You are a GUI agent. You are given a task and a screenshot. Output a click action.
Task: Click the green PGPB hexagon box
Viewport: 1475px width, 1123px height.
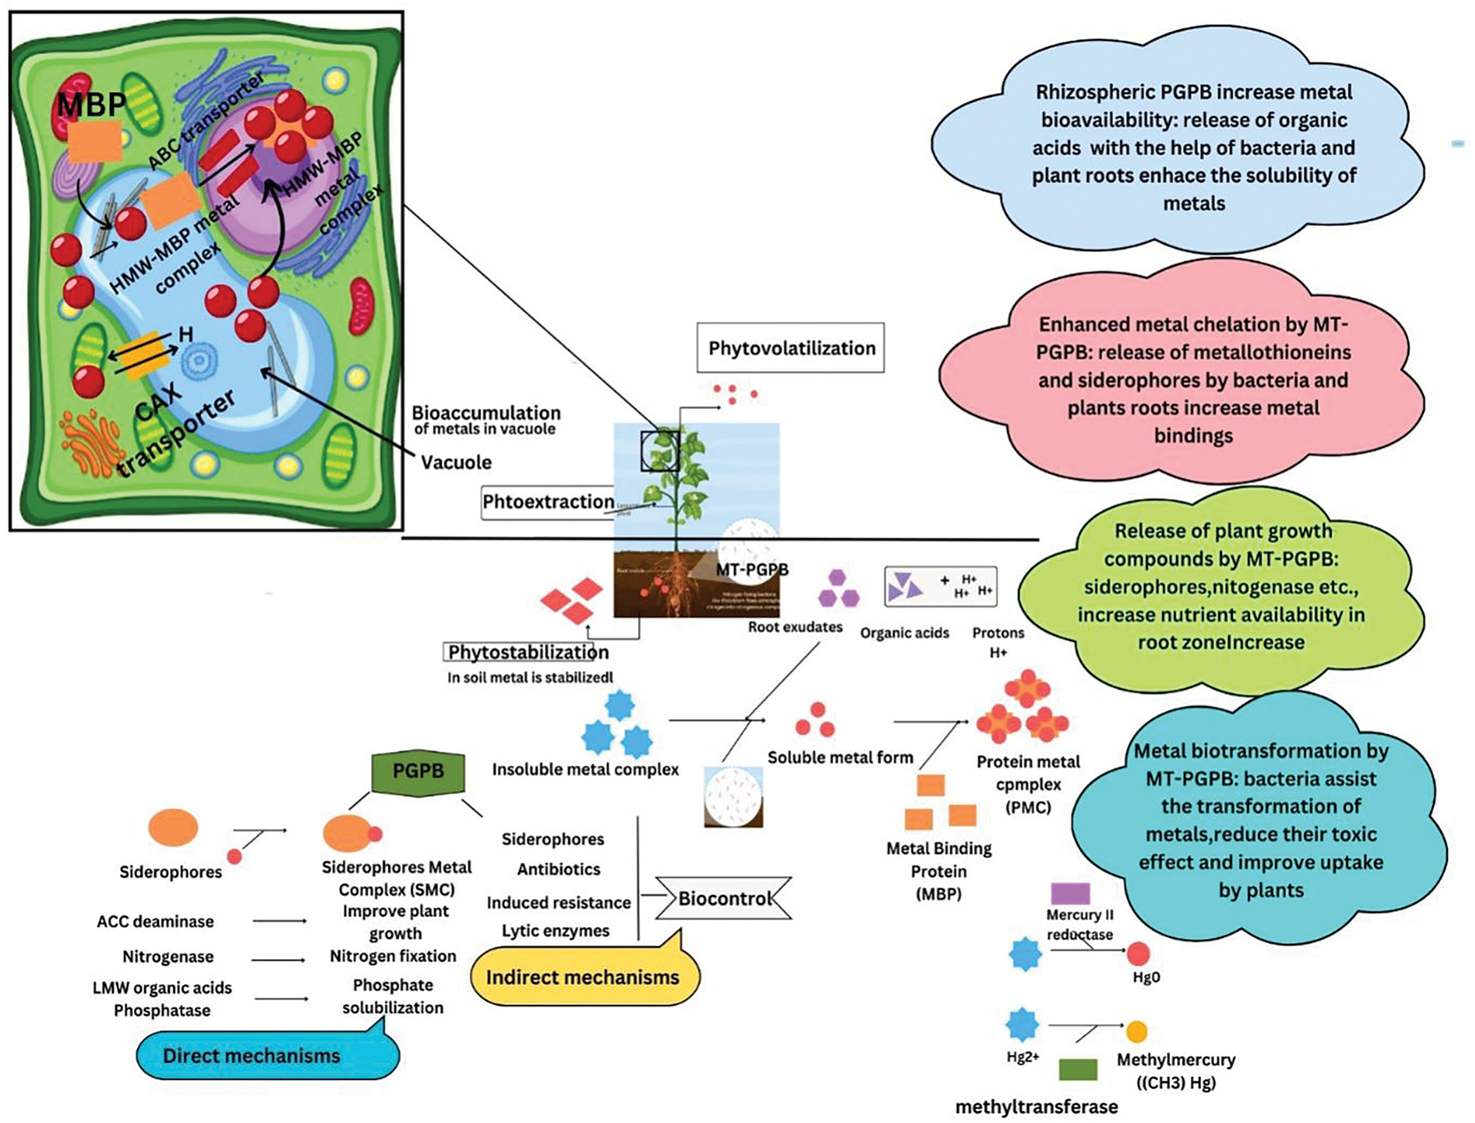point(418,771)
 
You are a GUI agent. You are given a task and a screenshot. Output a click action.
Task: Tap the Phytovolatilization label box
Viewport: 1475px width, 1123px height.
point(791,349)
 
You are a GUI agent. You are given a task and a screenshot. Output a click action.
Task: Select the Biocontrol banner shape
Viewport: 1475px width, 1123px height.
point(724,898)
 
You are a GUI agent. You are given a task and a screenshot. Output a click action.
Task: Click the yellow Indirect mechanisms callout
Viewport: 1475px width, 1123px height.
point(583,977)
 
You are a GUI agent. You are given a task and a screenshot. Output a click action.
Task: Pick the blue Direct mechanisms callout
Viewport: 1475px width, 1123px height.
point(252,1056)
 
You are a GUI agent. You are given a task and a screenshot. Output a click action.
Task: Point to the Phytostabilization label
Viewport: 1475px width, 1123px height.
point(528,652)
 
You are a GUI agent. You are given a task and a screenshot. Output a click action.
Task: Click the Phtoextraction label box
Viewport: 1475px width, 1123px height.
point(548,502)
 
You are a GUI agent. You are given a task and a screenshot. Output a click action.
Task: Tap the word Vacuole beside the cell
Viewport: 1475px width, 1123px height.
point(456,462)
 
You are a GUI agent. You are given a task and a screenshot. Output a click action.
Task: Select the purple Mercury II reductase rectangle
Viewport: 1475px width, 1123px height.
point(1070,893)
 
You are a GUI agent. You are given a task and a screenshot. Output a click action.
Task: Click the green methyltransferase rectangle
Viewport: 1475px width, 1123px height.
point(1078,1070)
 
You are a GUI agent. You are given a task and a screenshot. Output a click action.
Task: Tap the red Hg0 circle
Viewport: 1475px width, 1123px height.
point(1137,953)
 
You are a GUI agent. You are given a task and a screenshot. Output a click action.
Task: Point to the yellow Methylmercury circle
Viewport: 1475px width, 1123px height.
point(1136,1032)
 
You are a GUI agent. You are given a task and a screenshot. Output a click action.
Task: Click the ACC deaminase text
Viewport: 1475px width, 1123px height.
point(155,922)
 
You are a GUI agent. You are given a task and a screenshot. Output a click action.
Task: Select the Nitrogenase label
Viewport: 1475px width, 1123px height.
point(168,956)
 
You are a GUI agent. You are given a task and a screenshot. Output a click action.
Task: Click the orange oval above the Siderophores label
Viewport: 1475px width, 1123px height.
point(173,827)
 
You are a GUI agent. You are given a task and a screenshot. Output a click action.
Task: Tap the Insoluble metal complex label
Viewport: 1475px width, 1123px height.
point(585,770)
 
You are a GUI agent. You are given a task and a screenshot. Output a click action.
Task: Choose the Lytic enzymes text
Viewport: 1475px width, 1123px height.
point(555,931)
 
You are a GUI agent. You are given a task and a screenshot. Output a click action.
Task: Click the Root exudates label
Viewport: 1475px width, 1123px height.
point(795,627)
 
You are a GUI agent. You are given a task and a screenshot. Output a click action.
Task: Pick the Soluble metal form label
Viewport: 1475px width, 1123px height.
point(840,757)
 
